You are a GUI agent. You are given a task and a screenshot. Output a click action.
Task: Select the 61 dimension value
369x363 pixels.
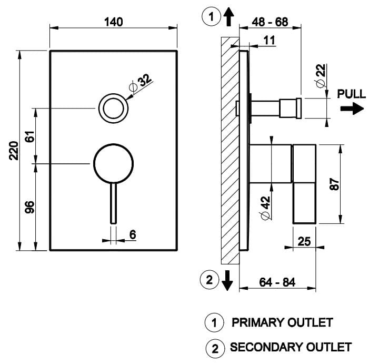pos(29,136)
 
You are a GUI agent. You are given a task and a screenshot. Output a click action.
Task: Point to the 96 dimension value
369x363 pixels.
pos(29,207)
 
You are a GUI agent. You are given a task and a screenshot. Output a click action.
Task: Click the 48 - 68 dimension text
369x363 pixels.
pos(270,23)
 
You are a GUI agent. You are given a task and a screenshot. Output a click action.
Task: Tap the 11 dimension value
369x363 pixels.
pos(270,40)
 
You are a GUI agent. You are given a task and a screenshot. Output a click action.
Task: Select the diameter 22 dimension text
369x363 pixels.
pos(321,76)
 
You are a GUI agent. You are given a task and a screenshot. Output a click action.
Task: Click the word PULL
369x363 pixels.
pos(351,94)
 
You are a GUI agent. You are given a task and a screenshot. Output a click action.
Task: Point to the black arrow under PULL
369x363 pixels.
pos(352,109)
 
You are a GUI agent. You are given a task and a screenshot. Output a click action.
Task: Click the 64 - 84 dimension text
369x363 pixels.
pos(278,281)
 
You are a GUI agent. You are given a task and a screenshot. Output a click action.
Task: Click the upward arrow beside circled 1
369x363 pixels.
pos(227,18)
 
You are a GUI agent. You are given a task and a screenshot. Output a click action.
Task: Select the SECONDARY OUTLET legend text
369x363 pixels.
pos(290,347)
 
